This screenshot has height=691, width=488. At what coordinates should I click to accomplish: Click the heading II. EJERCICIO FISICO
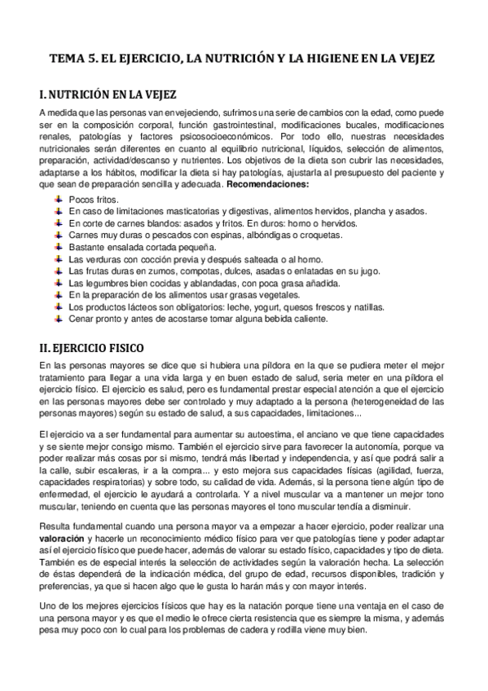click(99, 347)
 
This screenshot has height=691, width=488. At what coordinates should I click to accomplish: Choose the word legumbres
click(107, 283)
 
